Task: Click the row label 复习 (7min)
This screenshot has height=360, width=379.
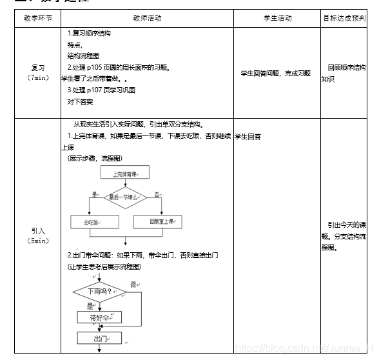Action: tap(38, 72)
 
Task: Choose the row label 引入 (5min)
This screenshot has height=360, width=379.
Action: tap(38, 235)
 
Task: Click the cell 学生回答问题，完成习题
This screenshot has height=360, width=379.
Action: tap(275, 74)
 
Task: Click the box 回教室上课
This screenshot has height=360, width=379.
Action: tap(157, 222)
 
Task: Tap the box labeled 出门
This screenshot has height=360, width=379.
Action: tap(99, 338)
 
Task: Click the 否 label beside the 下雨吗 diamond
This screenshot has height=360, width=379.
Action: tap(133, 284)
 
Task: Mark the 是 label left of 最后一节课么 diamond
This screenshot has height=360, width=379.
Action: tap(95, 194)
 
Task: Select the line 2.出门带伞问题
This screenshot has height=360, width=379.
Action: tap(142, 255)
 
